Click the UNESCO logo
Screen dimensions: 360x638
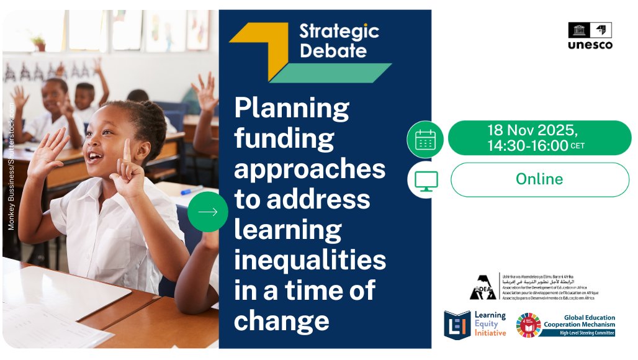tap(590, 35)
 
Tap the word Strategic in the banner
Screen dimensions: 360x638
tap(339, 31)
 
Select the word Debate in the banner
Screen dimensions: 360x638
tap(333, 50)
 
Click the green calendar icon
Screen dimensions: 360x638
tap(425, 139)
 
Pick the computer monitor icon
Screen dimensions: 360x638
tap(425, 180)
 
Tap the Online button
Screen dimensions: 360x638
tap(539, 179)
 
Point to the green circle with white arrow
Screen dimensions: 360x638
tap(208, 212)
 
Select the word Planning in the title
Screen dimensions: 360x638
tap(292, 109)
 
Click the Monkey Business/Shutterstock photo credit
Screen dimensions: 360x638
tap(11, 164)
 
